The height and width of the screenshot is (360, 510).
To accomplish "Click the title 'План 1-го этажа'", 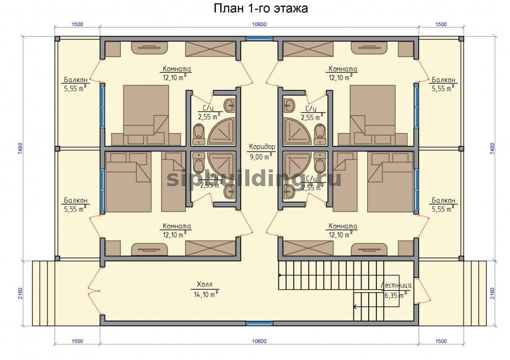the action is tap(261, 9).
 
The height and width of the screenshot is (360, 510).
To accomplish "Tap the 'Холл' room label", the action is tap(205, 285).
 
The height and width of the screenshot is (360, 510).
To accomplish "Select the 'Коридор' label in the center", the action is tap(262, 146).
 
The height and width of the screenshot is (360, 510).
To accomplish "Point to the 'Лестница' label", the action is tap(396, 285).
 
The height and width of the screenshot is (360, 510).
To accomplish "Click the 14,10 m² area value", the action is tap(205, 294).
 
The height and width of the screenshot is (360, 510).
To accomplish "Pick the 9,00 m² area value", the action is tap(261, 157).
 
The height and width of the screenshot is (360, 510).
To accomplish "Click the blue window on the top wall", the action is tap(259, 38).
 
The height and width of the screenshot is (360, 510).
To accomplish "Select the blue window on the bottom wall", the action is tap(259, 323).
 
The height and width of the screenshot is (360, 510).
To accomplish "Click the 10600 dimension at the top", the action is tap(259, 24).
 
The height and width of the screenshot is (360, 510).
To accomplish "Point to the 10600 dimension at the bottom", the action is tap(259, 341).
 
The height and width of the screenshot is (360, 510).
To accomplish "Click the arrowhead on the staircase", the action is tap(355, 306).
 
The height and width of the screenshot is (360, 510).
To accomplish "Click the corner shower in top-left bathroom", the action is tap(221, 132).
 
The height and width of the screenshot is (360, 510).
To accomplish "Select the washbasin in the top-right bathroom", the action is tap(289, 105).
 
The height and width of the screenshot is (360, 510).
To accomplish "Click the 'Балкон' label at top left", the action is tap(75, 80).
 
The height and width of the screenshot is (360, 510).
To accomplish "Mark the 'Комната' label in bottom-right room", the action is tap(343, 226).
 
